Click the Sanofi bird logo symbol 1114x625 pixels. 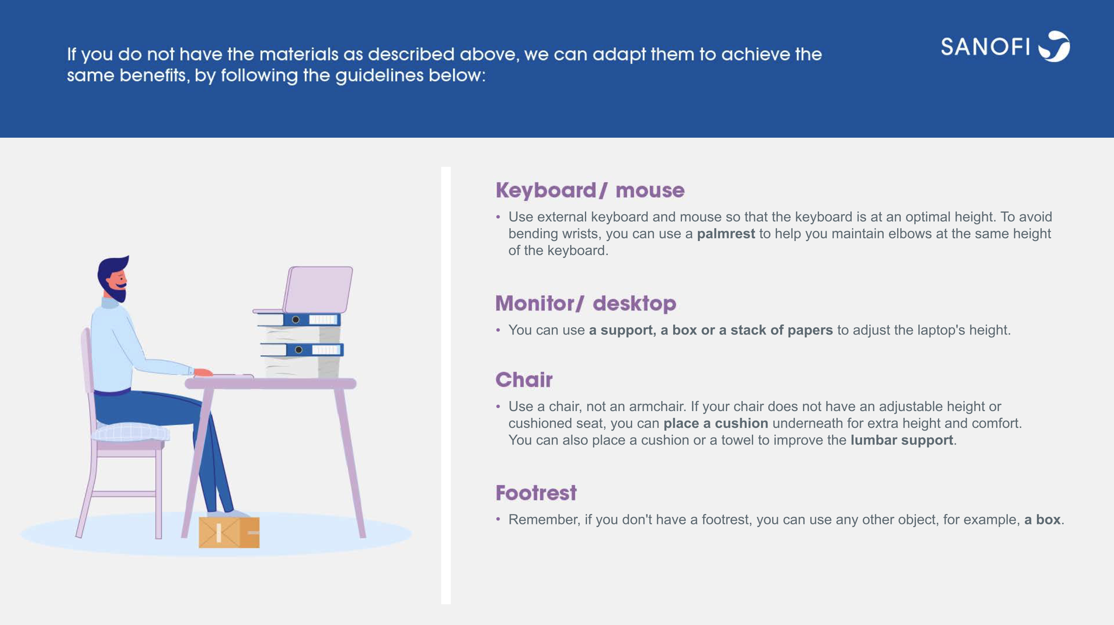1055,46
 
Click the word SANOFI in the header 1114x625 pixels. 985,47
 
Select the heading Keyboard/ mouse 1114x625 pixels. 590,190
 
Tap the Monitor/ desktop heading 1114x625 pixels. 585,303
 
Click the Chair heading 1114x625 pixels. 524,380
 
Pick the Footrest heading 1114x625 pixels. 536,493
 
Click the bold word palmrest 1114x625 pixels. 726,234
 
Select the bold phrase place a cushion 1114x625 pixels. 716,423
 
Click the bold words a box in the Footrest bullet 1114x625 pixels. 1042,520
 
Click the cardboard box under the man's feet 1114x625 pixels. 229,532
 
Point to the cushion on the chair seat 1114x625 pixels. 131,432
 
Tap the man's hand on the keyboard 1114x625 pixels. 203,372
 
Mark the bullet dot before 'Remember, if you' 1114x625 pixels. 498,519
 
